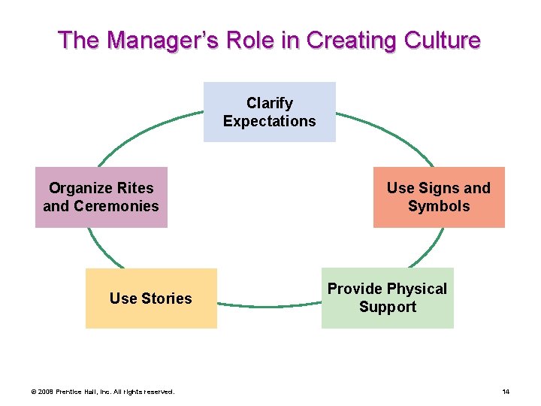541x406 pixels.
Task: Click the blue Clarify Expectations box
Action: tap(269, 112)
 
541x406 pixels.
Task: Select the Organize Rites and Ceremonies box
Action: tap(101, 197)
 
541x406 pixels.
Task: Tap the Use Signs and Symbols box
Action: tap(439, 197)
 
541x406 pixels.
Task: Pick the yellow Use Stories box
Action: tap(151, 298)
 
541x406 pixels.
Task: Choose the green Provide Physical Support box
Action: tap(387, 298)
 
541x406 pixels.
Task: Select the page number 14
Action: tap(506, 392)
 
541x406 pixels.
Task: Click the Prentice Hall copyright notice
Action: tap(102, 392)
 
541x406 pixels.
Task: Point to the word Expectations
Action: tap(269, 121)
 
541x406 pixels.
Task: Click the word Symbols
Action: tap(439, 206)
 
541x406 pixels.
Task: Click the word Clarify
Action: tap(269, 103)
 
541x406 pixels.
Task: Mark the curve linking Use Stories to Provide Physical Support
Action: tap(269, 306)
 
